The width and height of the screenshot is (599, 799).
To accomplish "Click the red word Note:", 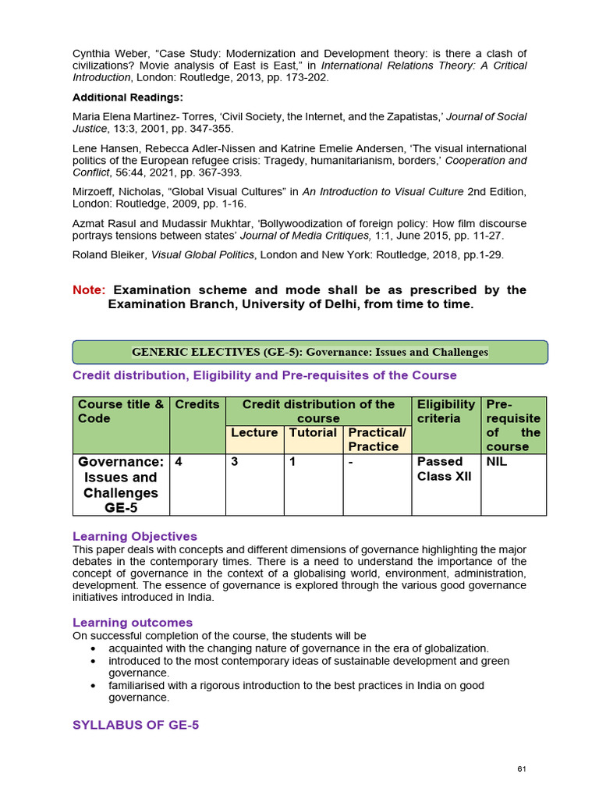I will tap(88, 289).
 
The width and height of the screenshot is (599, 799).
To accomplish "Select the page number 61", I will tap(522, 769).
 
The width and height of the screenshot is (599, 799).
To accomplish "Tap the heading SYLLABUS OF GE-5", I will tap(136, 725).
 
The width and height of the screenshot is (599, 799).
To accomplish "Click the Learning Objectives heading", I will tap(135, 536).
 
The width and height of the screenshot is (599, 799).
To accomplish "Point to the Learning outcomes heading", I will tap(133, 622).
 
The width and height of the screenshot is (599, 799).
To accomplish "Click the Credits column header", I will tap(197, 404).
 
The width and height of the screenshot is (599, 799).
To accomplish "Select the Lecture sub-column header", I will tap(254, 432).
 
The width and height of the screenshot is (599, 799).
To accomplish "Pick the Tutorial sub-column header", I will tap(313, 432).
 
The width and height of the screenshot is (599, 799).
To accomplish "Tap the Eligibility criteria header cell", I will tap(446, 411).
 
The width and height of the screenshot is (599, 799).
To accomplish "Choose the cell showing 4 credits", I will tap(179, 461).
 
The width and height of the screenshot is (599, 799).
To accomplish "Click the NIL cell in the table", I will tap(498, 461).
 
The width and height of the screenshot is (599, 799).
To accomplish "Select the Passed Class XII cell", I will tap(444, 468).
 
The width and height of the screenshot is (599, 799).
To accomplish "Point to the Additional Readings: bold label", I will tap(128, 98).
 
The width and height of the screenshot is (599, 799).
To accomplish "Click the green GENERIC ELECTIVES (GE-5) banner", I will tap(310, 352).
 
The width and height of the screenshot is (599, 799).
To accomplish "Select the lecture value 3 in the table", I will tap(234, 461).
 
